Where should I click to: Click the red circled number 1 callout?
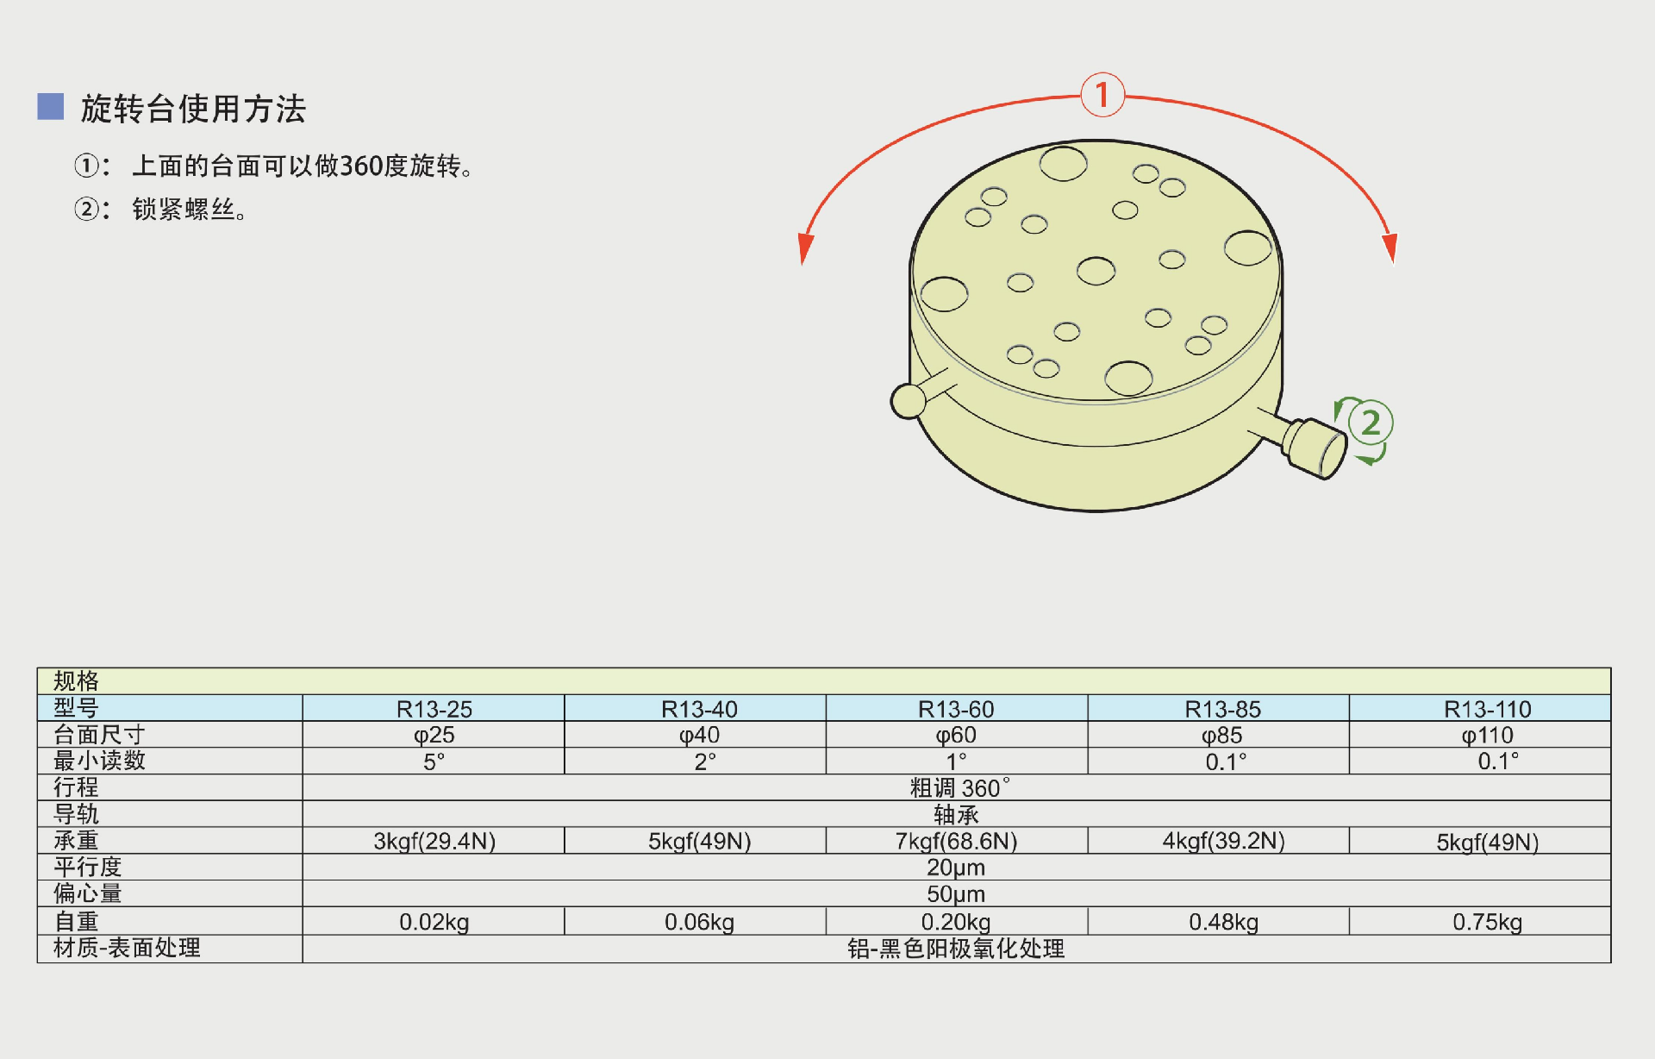(1102, 95)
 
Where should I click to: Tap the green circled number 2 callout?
(1370, 423)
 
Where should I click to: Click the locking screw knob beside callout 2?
(1315, 447)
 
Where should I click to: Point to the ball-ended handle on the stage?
(909, 401)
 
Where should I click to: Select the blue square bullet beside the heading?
(51, 107)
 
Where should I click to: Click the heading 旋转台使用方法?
(193, 110)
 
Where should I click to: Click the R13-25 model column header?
(434, 709)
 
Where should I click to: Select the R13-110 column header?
(1487, 709)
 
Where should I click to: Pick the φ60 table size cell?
(956, 736)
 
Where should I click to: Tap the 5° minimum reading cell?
(434, 762)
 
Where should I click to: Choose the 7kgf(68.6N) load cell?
(956, 841)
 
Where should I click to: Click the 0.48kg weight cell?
(1223, 922)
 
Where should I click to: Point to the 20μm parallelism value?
(956, 868)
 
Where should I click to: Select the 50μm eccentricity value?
(956, 894)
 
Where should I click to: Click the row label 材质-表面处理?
(127, 949)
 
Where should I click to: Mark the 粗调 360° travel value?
(959, 788)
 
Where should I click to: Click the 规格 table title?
(76, 681)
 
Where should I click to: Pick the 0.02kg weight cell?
(434, 922)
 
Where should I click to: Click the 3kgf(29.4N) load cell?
(434, 841)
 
